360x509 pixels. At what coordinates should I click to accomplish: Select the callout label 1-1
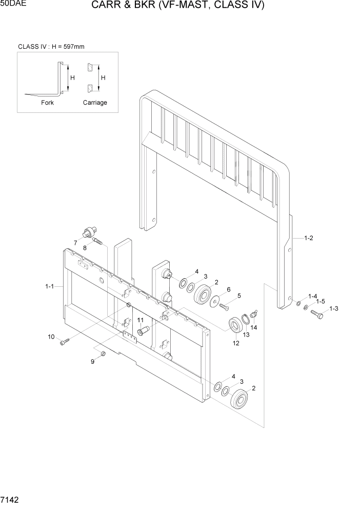(x=49, y=287)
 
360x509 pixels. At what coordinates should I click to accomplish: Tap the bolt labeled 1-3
(x=316, y=314)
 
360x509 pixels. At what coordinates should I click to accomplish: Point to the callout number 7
(x=75, y=243)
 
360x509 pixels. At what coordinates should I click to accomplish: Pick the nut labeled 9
(x=103, y=354)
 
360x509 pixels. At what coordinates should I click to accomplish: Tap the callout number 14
(x=253, y=327)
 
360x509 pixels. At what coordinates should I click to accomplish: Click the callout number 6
(x=228, y=289)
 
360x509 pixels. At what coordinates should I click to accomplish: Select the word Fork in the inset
(x=47, y=103)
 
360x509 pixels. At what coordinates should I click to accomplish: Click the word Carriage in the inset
(x=95, y=103)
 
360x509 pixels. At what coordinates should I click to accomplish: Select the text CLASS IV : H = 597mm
(x=51, y=47)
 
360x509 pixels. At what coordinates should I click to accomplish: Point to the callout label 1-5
(x=321, y=301)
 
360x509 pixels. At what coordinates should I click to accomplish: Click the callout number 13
(x=247, y=335)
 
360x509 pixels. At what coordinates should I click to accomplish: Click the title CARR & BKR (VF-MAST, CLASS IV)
(x=178, y=6)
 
